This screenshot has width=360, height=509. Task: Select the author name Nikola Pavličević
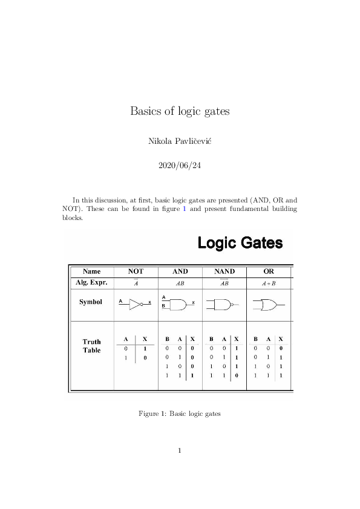click(x=180, y=141)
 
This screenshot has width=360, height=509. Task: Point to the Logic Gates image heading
click(x=240, y=244)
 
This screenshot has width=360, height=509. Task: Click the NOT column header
click(x=136, y=272)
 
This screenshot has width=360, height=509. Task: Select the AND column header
click(x=180, y=272)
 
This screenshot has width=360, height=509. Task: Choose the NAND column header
click(x=224, y=272)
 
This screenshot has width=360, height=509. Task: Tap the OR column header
click(x=269, y=272)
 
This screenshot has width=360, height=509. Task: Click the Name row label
click(x=92, y=272)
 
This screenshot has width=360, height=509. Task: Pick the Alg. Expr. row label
click(x=92, y=282)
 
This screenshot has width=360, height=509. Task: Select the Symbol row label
click(x=91, y=302)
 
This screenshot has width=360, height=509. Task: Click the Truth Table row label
click(x=92, y=346)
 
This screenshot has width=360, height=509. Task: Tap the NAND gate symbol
click(x=221, y=303)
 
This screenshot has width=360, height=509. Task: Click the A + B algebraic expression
click(x=269, y=282)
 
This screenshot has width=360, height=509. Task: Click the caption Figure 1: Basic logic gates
click(x=180, y=414)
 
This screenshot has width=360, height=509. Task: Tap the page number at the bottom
click(x=180, y=450)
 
